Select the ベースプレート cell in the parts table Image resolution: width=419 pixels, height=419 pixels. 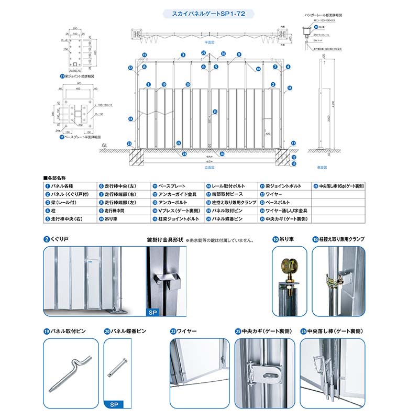[x=170, y=186]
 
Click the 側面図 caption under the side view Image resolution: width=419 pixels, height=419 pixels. [x=323, y=167]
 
